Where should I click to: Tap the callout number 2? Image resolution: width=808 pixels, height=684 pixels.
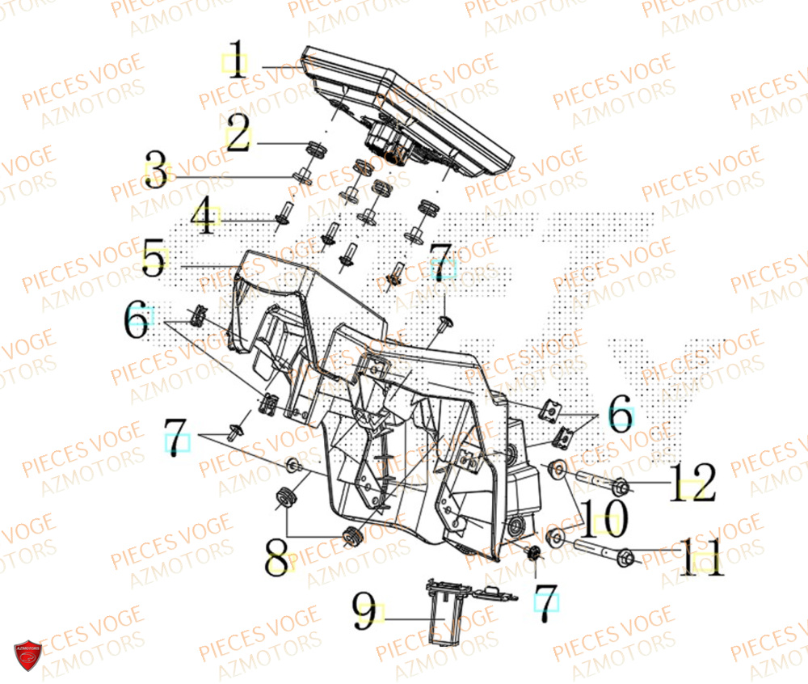click(237, 136)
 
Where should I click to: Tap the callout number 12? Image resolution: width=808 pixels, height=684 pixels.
click(691, 482)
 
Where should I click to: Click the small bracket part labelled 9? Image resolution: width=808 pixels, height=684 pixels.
click(444, 614)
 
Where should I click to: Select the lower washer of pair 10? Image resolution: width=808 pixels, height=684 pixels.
click(555, 537)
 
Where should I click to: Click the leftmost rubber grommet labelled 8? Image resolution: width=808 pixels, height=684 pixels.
click(284, 496)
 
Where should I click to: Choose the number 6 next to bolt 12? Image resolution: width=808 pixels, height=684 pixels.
click(621, 416)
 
